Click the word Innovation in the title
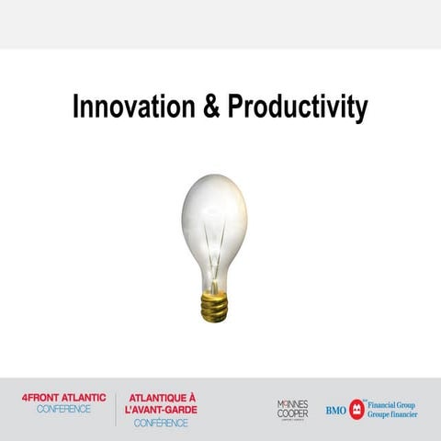(x=132, y=107)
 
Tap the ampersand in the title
(x=212, y=107)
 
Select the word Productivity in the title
(x=297, y=107)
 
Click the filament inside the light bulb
(x=214, y=248)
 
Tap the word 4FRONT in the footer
(x=43, y=398)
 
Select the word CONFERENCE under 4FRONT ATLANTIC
(x=63, y=409)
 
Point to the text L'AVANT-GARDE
(x=160, y=410)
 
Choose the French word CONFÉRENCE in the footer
(x=160, y=423)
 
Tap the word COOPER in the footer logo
(x=292, y=413)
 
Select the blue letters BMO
(x=336, y=410)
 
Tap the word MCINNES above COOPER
(x=292, y=403)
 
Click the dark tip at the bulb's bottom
(x=213, y=319)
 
